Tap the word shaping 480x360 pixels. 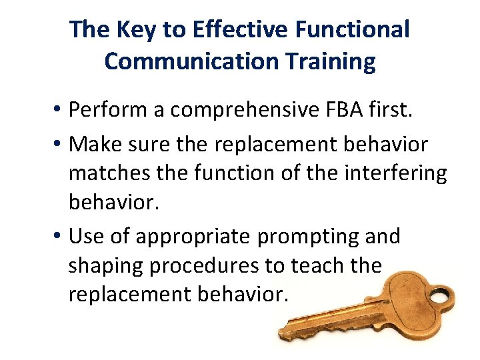(x=105, y=266)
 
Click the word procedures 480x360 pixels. (x=206, y=266)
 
